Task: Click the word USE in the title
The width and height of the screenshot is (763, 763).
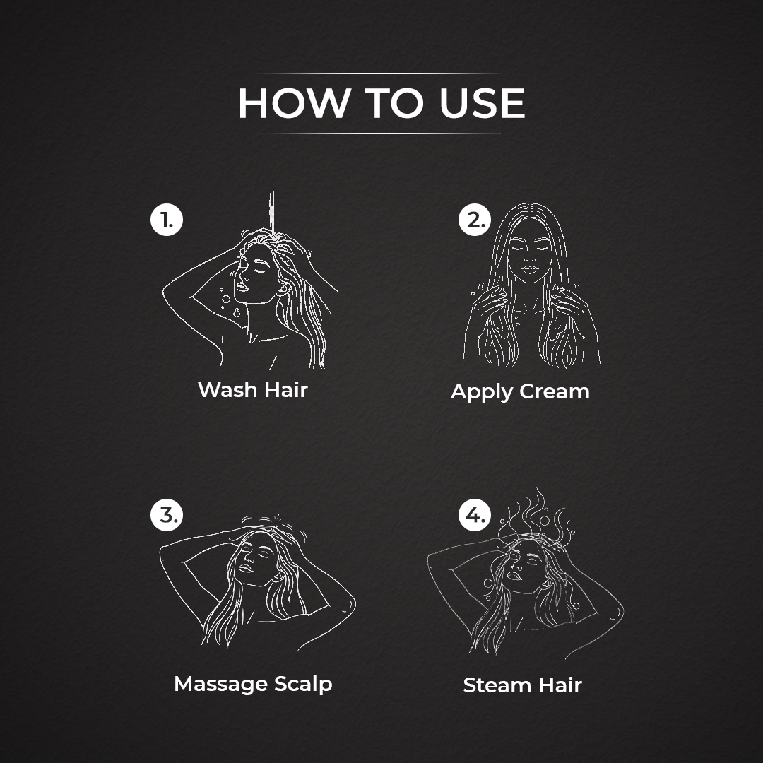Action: click(483, 103)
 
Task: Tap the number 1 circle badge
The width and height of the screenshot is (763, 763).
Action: click(167, 220)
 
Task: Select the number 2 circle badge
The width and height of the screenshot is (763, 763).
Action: click(475, 220)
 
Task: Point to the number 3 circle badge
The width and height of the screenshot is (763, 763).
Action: click(167, 514)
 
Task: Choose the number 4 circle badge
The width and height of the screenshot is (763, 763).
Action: click(475, 514)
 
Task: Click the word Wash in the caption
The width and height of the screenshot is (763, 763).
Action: click(227, 390)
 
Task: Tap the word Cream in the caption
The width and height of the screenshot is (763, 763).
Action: click(555, 391)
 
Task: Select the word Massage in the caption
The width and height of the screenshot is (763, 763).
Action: click(220, 685)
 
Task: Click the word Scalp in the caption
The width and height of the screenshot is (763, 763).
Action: click(303, 685)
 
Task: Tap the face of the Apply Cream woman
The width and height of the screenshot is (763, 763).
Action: click(530, 253)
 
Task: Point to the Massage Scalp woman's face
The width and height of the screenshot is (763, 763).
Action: click(256, 559)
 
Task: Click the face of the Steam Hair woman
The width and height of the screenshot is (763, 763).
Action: click(523, 567)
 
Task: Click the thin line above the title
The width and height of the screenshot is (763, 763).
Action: click(379, 73)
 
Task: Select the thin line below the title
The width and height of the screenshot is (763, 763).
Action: click(379, 134)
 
